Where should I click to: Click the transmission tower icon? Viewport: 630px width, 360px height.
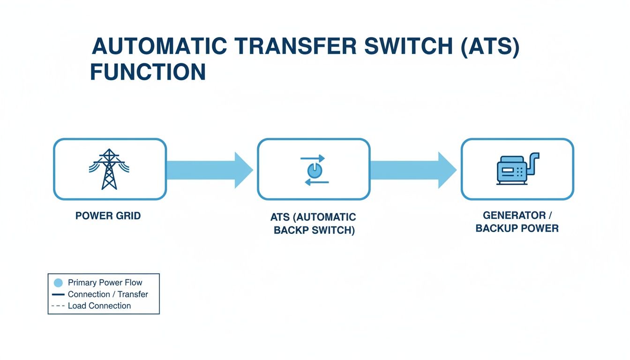(x=109, y=169)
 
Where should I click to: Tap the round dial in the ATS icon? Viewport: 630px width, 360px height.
(x=314, y=170)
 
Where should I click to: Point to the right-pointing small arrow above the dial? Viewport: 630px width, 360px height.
(x=312, y=158)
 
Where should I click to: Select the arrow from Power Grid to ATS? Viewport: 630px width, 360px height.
(x=209, y=170)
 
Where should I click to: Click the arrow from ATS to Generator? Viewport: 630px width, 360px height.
(x=412, y=170)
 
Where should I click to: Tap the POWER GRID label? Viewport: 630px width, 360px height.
(x=108, y=216)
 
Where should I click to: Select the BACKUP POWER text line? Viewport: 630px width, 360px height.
(x=517, y=229)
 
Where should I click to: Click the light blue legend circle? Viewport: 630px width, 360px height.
(x=58, y=283)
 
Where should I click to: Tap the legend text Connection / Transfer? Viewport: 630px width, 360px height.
(x=108, y=294)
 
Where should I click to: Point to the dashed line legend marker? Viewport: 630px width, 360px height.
(x=58, y=306)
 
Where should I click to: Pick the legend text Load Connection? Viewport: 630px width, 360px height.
(x=99, y=306)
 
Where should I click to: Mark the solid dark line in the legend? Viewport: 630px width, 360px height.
(x=58, y=294)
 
